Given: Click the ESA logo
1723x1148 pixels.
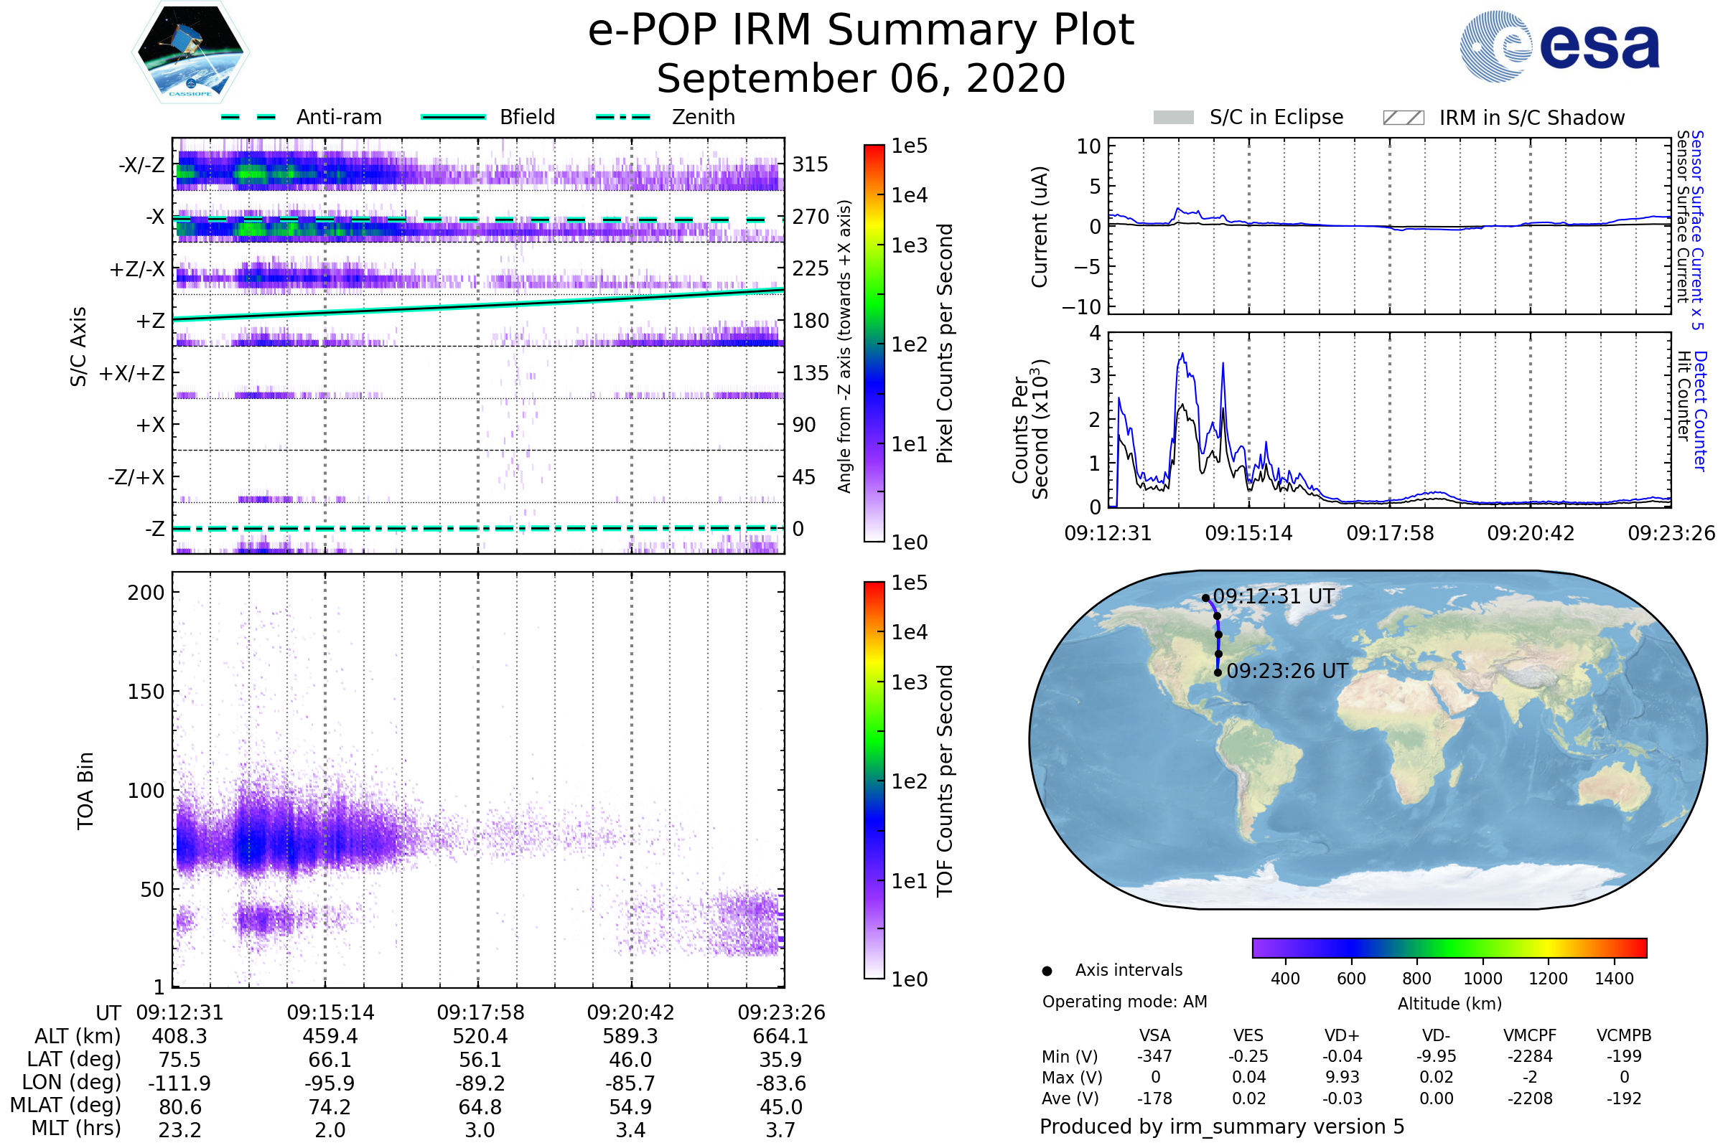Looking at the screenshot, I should tap(1559, 46).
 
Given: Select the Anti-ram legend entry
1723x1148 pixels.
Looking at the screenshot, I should tap(338, 117).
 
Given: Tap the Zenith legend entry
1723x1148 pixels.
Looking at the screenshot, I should tap(703, 117).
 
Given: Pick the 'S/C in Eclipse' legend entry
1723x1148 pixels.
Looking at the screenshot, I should tap(1276, 117).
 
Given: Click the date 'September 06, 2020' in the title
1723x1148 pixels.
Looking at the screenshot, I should tap(861, 79).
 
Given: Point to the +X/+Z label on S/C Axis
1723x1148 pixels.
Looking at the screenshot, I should tap(132, 373).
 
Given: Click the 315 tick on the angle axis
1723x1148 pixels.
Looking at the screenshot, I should tap(811, 164).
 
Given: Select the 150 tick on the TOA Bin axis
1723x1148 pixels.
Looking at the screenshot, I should tap(146, 692).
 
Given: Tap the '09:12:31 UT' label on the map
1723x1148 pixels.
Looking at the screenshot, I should tap(1273, 596).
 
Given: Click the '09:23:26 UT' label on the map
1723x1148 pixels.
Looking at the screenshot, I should tap(1287, 671).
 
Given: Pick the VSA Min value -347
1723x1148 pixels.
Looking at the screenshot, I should tap(1154, 1056).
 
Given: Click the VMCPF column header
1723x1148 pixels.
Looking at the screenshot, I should tap(1530, 1035).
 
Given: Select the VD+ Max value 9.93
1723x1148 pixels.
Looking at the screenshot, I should tap(1342, 1077).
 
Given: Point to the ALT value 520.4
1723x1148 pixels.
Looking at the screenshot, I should tap(480, 1036).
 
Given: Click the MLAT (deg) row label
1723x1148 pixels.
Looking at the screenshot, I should tap(65, 1106).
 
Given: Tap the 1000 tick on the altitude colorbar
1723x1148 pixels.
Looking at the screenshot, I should tap(1482, 979).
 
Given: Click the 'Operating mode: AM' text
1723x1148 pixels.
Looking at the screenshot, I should tap(1124, 1002).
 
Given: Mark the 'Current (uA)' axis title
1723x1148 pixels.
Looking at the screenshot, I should tap(1040, 227).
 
